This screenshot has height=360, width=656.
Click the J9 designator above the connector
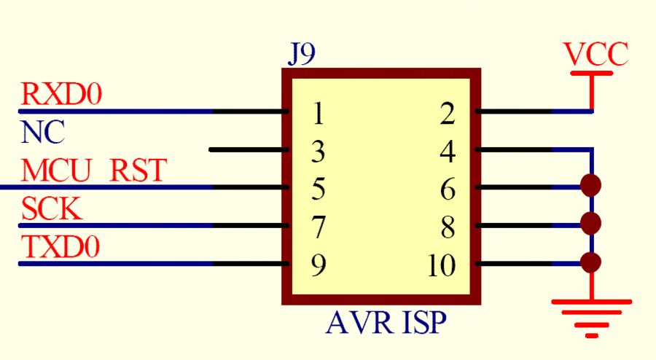point(302,55)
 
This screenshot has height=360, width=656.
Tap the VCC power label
point(596,55)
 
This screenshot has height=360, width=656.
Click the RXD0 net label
point(62,95)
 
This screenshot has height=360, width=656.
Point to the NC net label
point(43,133)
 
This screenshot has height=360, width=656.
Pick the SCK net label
point(52,210)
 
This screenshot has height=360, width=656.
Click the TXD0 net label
point(61,248)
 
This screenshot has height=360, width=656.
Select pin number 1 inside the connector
point(317,114)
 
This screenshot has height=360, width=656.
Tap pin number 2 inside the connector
point(448,114)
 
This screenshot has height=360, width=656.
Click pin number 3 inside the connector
point(317,152)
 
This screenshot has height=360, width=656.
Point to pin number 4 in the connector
point(448,152)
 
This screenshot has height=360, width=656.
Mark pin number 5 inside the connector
point(317,190)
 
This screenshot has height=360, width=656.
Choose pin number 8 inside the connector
point(448,228)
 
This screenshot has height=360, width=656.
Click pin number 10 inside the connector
point(442,267)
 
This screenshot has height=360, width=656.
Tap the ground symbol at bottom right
point(591,316)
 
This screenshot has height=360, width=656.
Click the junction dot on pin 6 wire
point(592,185)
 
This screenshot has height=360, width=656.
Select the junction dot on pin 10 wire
point(592,262)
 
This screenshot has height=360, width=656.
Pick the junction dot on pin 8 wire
point(592,223)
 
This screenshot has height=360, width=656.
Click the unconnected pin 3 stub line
point(248,150)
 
